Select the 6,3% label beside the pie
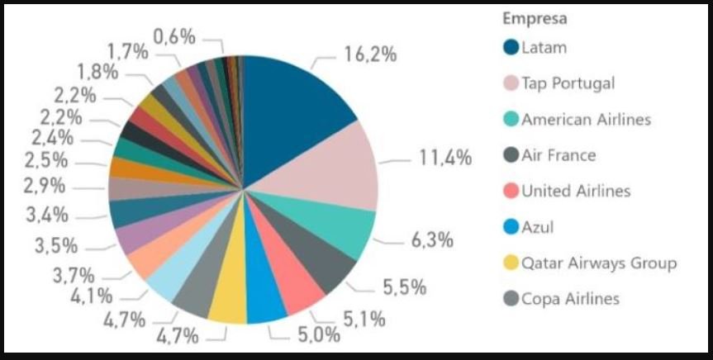click(432, 240)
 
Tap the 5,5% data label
click(406, 287)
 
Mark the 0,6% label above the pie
click(174, 36)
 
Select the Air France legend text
click(559, 155)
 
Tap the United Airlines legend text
click(576, 192)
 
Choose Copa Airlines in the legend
click(570, 299)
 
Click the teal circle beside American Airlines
click(511, 120)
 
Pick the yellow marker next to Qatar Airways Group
click(511, 263)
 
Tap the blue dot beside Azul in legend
click(511, 227)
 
